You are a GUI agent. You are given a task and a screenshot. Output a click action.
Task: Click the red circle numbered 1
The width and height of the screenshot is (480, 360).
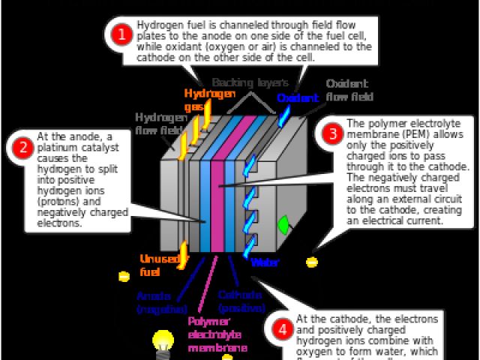tap(120, 34)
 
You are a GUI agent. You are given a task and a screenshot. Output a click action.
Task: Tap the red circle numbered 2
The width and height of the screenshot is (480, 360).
tap(22, 147)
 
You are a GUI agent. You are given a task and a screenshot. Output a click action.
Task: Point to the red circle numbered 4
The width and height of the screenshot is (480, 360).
tap(282, 329)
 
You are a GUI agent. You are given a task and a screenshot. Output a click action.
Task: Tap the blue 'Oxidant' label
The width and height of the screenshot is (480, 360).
tap(298, 97)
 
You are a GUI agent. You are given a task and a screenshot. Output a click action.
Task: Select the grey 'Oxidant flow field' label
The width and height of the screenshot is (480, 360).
tap(349, 90)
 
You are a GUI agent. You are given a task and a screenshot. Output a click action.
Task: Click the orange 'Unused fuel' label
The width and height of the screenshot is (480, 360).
tap(159, 265)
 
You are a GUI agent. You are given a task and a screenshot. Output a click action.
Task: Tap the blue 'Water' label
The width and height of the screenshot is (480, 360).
tap(265, 262)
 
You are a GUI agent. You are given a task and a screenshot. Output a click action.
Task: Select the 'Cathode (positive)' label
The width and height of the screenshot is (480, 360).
tap(241, 301)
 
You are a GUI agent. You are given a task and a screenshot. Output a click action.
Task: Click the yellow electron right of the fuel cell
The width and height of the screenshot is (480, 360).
tap(312, 262)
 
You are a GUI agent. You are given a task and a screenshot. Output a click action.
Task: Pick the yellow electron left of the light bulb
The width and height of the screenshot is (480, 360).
tap(124, 276)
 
